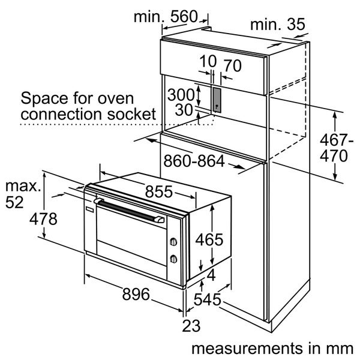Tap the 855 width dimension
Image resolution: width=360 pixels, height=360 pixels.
(158, 192)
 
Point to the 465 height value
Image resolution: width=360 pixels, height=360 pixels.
(209, 240)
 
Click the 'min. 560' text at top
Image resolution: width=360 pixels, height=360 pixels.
(165, 17)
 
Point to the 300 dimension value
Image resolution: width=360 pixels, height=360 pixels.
(181, 94)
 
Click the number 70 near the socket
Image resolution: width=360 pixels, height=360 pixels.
(232, 65)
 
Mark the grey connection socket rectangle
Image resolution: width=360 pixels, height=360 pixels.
(215, 98)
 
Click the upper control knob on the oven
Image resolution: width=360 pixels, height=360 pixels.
(173, 242)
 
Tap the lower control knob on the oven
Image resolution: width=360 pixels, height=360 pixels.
(173, 259)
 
